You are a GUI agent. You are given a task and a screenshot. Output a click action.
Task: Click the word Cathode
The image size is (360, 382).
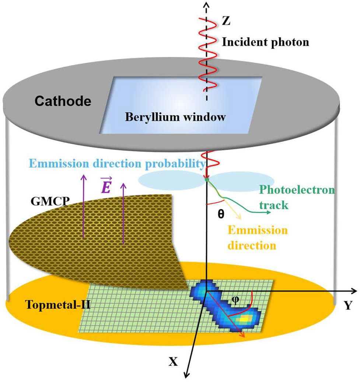click(63, 101)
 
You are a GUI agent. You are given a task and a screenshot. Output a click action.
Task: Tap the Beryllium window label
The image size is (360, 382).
click(175, 117)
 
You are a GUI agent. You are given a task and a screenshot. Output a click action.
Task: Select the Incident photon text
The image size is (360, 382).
click(265, 42)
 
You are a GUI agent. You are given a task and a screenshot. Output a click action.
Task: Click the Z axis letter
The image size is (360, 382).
click(226, 21)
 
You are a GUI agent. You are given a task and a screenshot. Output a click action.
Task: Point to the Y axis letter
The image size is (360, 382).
click(348, 305)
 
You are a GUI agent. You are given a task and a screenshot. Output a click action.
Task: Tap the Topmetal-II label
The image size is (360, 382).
click(57, 304)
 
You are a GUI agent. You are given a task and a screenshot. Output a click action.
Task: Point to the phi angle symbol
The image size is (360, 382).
click(235, 300)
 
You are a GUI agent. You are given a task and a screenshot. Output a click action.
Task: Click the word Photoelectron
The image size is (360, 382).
click(297, 190)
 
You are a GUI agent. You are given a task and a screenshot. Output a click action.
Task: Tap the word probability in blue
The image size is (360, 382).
click(175, 164)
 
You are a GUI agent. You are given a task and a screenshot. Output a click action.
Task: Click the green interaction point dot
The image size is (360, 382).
click(207, 180)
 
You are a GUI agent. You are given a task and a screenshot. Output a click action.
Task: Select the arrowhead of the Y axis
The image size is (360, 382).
click(354, 291)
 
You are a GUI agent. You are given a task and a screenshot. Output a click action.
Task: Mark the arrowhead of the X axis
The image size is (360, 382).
click(186, 375)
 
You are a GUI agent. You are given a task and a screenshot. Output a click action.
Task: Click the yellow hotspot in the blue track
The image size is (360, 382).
click(245, 318)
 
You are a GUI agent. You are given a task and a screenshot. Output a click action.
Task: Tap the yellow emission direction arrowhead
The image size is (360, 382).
click(239, 217)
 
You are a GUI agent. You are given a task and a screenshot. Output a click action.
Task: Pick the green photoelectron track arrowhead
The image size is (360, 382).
click(269, 212)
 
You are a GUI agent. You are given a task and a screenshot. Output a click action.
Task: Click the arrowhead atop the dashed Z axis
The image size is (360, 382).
click(207, 4)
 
